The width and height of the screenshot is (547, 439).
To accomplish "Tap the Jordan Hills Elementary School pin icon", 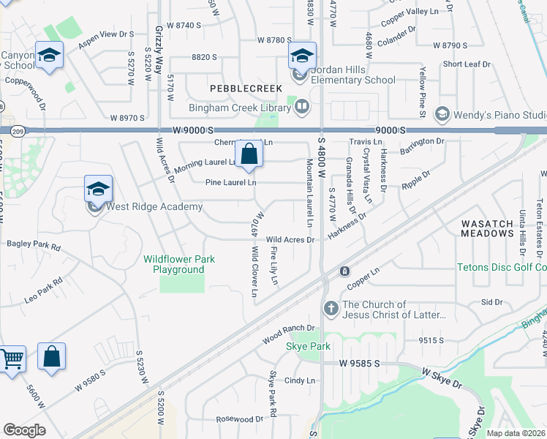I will pyautogui.click(x=301, y=56).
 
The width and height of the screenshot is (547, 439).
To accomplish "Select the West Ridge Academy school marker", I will pyautogui.click(x=98, y=190).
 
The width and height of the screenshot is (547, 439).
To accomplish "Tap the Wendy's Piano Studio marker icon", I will pyautogui.click(x=442, y=114).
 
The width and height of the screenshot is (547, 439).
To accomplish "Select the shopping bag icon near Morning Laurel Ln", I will pyautogui.click(x=249, y=154).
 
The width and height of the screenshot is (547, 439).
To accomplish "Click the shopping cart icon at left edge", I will pyautogui.click(x=10, y=359).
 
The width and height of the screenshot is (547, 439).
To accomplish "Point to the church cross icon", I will pyautogui.click(x=331, y=309).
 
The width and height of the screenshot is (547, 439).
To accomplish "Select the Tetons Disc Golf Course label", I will pyautogui.click(x=502, y=267).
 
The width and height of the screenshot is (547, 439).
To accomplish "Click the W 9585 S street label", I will pyautogui.click(x=360, y=363).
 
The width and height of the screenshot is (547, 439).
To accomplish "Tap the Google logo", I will pyautogui.click(x=24, y=429).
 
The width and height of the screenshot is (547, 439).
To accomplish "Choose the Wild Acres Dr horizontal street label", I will pyautogui.click(x=290, y=239).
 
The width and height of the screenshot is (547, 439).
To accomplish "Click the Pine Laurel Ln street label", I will pyautogui.click(x=230, y=181).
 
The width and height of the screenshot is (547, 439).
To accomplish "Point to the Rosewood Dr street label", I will pyautogui.click(x=239, y=419).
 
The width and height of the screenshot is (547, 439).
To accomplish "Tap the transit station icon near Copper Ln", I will pyautogui.click(x=344, y=271).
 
